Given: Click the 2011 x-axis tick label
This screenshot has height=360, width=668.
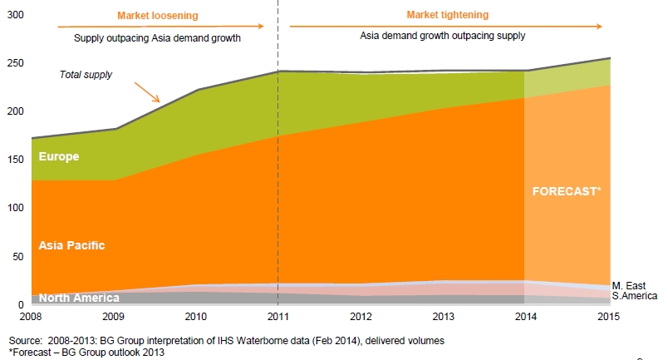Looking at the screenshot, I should [278, 317].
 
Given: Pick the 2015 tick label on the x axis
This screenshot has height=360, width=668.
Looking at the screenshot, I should [610, 317].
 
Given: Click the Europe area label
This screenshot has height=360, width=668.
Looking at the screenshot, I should [58, 156].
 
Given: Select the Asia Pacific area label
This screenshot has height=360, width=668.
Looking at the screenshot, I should [71, 245].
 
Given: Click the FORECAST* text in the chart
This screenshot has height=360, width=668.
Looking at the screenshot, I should [566, 190].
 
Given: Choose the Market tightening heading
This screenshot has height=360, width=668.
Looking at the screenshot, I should [447, 15].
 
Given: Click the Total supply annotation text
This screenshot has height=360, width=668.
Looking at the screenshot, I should [86, 75].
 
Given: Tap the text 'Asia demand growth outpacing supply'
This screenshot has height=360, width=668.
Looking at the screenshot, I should [443, 37].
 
